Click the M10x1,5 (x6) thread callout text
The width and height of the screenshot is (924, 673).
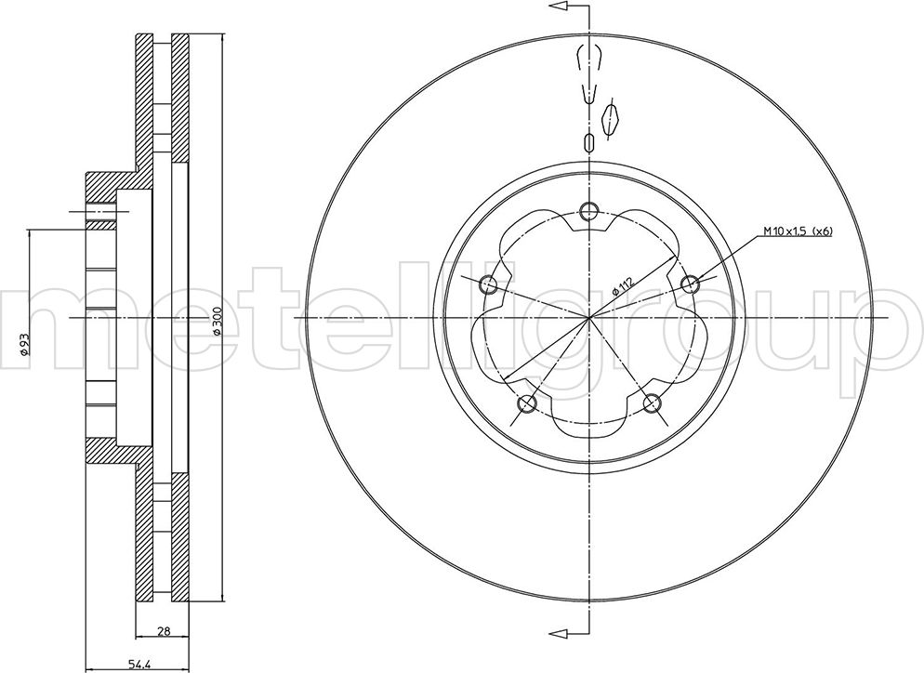tap(798, 231)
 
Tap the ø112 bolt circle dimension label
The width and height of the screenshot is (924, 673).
tap(623, 285)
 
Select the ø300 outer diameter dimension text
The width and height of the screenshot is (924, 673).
tap(217, 322)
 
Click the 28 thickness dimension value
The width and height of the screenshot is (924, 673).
tap(165, 631)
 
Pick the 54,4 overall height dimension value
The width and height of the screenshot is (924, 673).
tap(139, 666)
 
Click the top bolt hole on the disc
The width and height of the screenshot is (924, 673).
tap(588, 210)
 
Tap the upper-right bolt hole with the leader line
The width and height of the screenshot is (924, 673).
tap(690, 284)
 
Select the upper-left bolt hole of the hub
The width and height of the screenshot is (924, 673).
tap(488, 284)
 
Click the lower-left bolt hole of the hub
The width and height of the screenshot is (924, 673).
tap(526, 403)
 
